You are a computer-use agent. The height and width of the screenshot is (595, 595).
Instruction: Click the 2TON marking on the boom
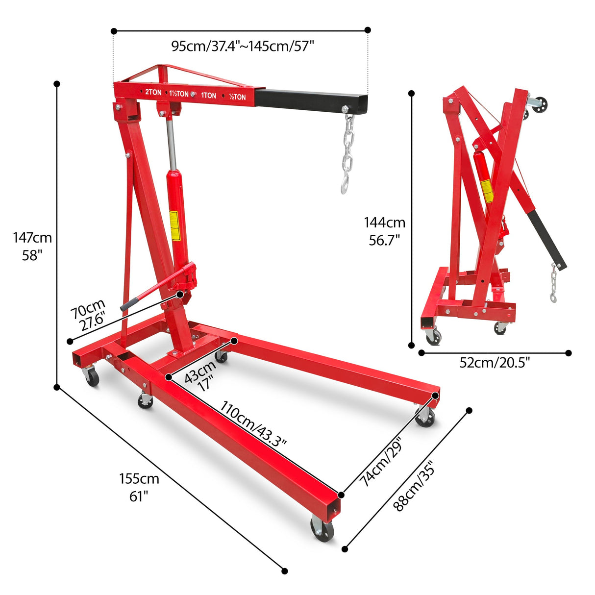(153, 92)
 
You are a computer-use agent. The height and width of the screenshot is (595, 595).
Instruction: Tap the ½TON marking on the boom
(237, 97)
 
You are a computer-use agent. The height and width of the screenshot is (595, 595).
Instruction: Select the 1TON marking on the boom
(208, 96)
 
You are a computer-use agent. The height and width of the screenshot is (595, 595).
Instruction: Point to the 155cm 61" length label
(139, 486)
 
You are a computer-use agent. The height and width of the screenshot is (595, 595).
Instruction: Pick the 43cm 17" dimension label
(200, 375)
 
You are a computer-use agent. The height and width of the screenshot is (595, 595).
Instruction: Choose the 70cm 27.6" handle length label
(89, 316)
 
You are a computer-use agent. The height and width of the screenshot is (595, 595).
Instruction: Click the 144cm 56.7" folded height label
(385, 231)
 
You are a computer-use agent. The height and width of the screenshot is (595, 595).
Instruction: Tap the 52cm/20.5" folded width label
(495, 363)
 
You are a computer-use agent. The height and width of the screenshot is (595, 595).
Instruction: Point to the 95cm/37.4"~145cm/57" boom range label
(242, 46)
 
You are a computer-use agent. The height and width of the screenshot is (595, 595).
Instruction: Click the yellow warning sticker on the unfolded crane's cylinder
(174, 225)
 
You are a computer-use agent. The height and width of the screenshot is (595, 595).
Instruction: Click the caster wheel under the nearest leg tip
(322, 529)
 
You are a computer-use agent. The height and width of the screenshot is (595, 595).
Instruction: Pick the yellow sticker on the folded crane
(487, 191)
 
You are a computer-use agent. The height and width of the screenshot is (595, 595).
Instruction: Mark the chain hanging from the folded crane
(554, 283)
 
